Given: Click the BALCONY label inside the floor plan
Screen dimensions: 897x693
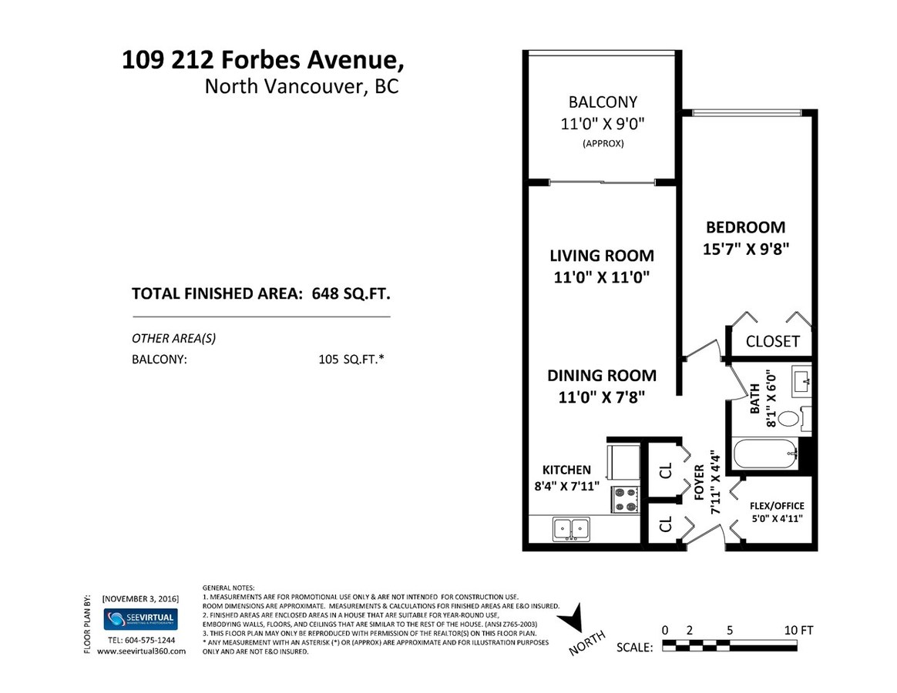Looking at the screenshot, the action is [603, 102].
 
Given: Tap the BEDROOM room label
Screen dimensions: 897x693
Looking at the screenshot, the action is [745, 227].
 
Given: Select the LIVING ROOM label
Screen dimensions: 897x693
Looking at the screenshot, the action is [602, 256].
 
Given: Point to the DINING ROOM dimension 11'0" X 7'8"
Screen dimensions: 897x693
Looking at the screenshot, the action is [602, 397].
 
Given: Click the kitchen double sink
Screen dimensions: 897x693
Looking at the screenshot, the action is [572, 529].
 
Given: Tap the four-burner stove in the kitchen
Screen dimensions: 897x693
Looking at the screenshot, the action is [625, 499].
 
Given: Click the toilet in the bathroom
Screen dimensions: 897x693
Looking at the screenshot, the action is [794, 419].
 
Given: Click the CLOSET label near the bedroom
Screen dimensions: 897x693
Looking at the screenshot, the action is [772, 341].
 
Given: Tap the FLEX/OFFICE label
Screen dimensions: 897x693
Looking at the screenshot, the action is [777, 506].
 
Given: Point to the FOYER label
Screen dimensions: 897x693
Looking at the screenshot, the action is [699, 482].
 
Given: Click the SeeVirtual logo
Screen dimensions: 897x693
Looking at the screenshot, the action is [140, 619].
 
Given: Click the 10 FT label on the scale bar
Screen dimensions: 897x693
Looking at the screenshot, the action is [798, 630].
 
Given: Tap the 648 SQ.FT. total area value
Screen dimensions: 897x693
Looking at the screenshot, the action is [351, 294].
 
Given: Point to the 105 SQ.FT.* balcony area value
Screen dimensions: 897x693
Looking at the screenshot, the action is [351, 360].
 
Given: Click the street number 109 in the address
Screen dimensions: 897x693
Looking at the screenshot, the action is [143, 59].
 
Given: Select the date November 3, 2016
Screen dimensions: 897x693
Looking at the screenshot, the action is [140, 598].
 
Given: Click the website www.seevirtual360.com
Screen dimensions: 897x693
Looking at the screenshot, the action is [141, 651].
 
